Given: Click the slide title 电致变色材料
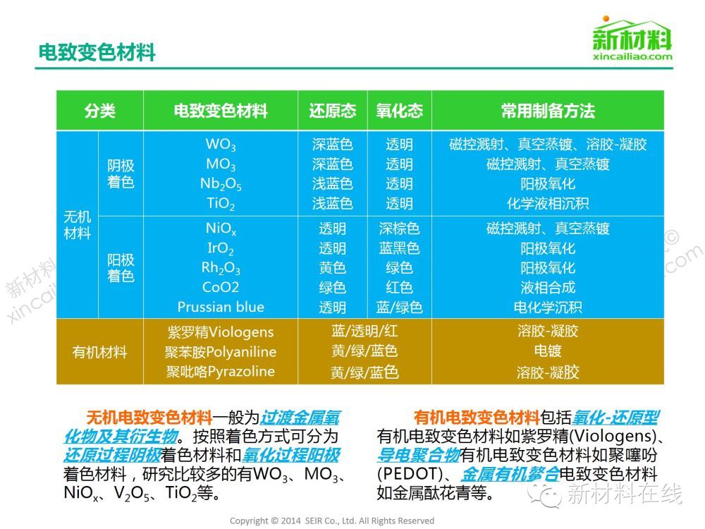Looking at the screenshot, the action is pos(97,52).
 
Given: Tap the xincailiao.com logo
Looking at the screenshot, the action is pos(632,39).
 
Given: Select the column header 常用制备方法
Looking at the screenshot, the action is pos(548,111).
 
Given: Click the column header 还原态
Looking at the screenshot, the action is pos(332,111).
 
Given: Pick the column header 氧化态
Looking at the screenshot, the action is pos(399,111).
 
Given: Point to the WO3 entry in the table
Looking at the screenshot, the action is pos(220,145).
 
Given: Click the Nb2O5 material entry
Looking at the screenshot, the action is pos(220,184).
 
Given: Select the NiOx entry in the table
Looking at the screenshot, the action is pos(220,229).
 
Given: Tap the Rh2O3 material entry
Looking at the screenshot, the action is pos(220,268).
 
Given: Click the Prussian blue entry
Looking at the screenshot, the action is pos(220,307).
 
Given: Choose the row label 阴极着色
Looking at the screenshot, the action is pos(121,174).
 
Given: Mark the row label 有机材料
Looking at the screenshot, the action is pos(99,352).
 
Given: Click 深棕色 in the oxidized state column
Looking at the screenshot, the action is pos(399,229).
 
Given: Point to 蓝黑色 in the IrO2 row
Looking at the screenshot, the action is pos(399,248).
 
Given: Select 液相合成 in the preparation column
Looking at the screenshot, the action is pos(548,288).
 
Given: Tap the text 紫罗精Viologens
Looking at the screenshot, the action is pos(220,332).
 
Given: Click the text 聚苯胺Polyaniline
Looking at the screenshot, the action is pos(220,352).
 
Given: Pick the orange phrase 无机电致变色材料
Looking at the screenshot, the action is pos(149,418).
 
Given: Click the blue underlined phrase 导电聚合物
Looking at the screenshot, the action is pos(419,455).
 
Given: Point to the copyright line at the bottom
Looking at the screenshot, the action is pos(332,521).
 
